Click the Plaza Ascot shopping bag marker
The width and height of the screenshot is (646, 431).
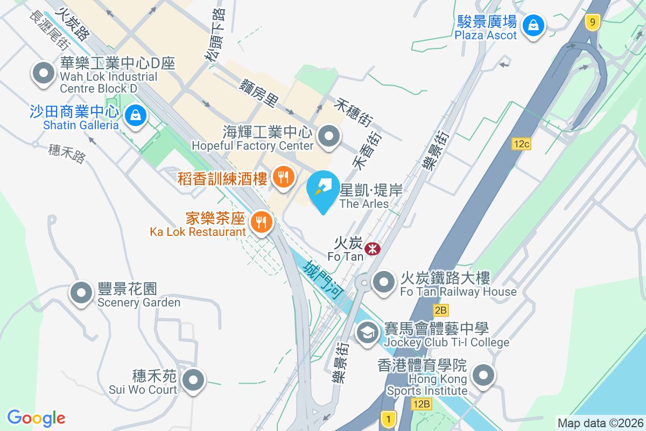click(532, 24)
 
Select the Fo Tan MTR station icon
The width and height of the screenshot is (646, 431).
click(372, 249)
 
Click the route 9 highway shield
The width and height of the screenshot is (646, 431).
click(592, 22)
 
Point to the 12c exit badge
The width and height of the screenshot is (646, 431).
click(522, 144)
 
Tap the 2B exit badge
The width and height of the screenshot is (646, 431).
click(440, 310)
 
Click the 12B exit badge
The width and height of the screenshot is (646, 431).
click(422, 404)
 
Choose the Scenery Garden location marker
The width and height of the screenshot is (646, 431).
click(81, 293)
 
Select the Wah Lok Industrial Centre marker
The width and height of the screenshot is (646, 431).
click(44, 73)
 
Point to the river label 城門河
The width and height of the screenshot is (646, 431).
click(323, 280)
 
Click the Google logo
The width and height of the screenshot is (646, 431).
click(36, 418)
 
